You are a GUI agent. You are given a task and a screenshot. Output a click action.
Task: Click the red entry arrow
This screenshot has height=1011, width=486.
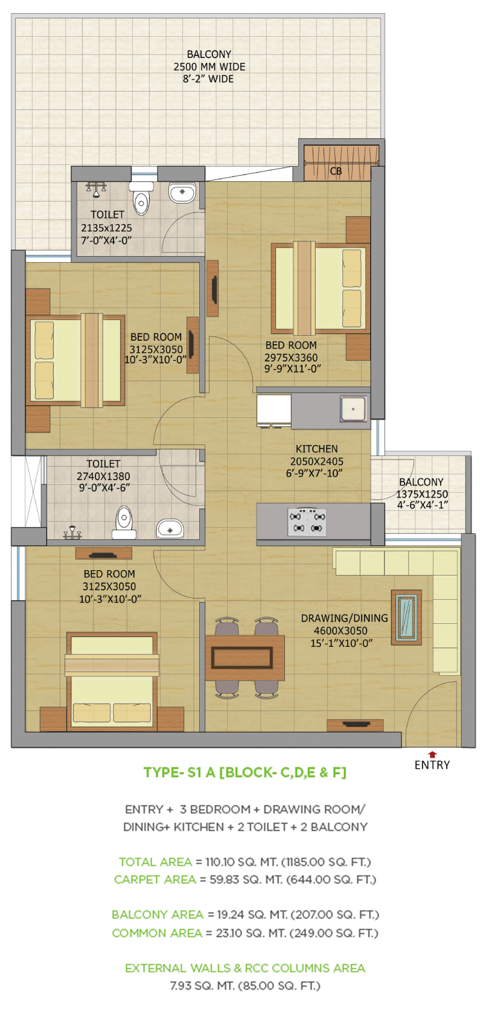click(x=432, y=754)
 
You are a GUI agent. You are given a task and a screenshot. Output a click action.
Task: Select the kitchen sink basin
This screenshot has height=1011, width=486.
click(x=353, y=409)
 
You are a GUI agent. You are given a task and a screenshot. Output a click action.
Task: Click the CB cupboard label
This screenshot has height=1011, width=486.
click(x=336, y=171)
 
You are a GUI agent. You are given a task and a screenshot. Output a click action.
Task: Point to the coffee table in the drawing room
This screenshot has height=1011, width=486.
click(x=406, y=617)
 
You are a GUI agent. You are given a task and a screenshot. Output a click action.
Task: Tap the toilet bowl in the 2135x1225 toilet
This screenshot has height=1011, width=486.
click(x=141, y=201)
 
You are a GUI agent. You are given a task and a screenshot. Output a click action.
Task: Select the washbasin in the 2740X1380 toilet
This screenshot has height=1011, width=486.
click(x=170, y=528)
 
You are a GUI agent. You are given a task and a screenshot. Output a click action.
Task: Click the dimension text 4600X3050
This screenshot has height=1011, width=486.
click(x=341, y=631)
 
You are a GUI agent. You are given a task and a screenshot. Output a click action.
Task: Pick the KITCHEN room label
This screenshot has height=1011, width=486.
click(x=317, y=449)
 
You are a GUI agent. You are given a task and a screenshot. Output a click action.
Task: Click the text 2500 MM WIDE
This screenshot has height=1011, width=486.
click(x=209, y=67)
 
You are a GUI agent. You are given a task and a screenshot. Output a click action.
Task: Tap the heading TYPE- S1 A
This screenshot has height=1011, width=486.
click(x=179, y=772)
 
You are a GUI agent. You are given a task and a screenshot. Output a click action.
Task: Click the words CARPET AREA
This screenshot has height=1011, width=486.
click(x=155, y=879)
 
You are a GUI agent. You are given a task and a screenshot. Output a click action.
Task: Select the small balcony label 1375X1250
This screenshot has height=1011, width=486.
click(x=422, y=494)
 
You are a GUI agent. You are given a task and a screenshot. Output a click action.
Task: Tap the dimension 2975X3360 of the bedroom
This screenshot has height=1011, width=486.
click(x=291, y=358)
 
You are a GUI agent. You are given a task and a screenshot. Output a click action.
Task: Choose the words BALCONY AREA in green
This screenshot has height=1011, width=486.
click(x=158, y=914)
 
